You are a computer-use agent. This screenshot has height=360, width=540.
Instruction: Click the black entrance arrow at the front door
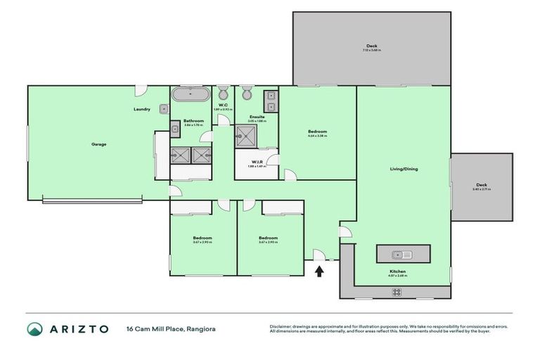pyautogui.click(x=319, y=270)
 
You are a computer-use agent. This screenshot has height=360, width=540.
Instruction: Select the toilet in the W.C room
pyautogui.click(x=223, y=94)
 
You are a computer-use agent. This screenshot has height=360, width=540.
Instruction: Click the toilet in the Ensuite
pyautogui.click(x=247, y=94)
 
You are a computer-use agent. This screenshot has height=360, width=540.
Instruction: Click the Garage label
pyautogui.click(x=98, y=144)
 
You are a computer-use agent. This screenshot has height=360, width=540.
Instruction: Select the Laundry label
pyautogui.click(x=142, y=110)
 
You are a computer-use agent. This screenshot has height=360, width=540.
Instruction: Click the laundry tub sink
pyautogui.click(x=163, y=109)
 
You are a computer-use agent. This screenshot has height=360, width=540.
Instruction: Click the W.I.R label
pyautogui.click(x=257, y=162)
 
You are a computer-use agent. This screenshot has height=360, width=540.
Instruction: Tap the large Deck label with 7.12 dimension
pyautogui.click(x=371, y=46)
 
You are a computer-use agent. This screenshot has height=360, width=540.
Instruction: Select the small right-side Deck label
pyautogui.click(x=482, y=185)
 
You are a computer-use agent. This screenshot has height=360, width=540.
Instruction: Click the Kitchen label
pyautogui.click(x=398, y=271)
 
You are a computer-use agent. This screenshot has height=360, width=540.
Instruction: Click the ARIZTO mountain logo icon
pyautogui.click(x=34, y=328)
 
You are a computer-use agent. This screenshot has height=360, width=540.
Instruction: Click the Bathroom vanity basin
pyautogui.click(x=174, y=129)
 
